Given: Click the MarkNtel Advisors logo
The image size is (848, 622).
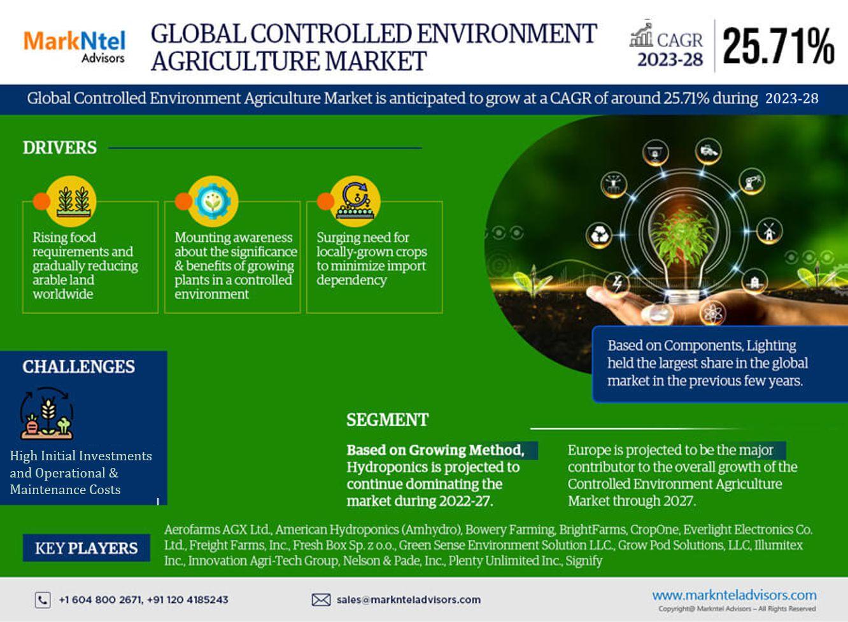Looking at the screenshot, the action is point(74,46).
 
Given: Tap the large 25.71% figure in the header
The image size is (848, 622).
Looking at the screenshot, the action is point(779,46).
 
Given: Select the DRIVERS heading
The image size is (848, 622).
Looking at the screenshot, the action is point(60,148).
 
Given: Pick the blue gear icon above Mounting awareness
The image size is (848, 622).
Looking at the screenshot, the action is point(213,201).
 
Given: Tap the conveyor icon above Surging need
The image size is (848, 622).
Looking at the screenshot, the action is point(355,201).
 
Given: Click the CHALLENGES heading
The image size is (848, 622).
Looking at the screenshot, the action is point(79,367).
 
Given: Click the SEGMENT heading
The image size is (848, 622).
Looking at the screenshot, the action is point(387,420).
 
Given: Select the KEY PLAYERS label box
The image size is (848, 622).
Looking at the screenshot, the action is point(87,548).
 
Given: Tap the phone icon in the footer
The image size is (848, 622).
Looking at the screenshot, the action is point(43,600).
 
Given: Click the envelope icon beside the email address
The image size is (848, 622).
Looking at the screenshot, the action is point(321,600).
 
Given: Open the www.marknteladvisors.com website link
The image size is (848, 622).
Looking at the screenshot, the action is point(734,595).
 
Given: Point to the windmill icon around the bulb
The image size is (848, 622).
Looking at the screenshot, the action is point(769,231).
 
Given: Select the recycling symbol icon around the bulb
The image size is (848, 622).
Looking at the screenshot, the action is point(599,236).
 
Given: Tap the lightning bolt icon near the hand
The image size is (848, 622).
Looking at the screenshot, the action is point(617,283).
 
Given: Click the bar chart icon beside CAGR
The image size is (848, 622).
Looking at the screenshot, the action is point(641,35).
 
